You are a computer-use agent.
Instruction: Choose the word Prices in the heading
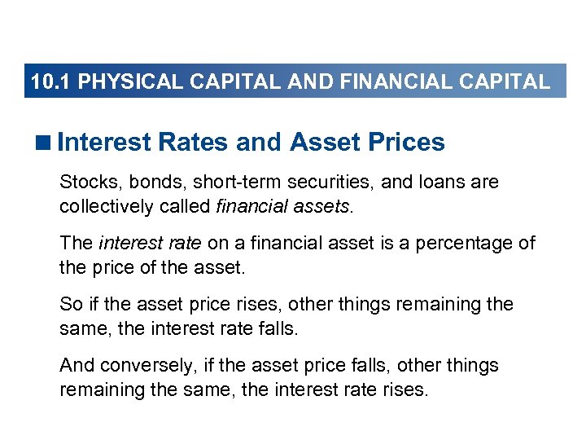pyautogui.click(x=406, y=143)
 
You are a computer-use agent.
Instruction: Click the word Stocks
pyautogui.click(x=85, y=182)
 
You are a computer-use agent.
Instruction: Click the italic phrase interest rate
pyautogui.click(x=151, y=244)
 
